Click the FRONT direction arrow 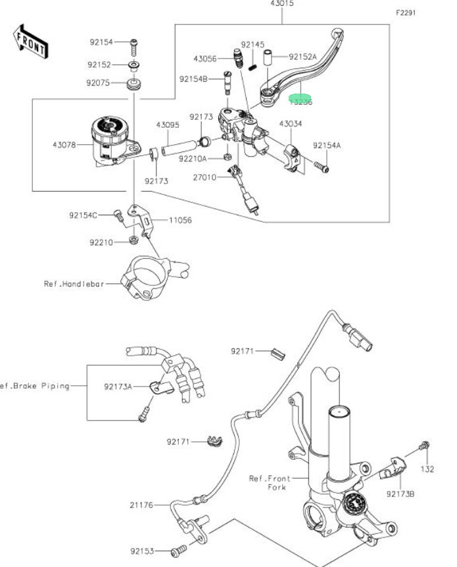tap(31, 40)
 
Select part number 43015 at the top tap(282, 4)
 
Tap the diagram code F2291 tap(406, 13)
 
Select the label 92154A tap(327, 145)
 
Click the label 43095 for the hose tap(168, 124)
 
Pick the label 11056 tap(180, 220)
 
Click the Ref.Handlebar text tap(74, 284)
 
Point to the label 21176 tap(141, 505)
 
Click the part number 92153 tap(141, 551)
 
